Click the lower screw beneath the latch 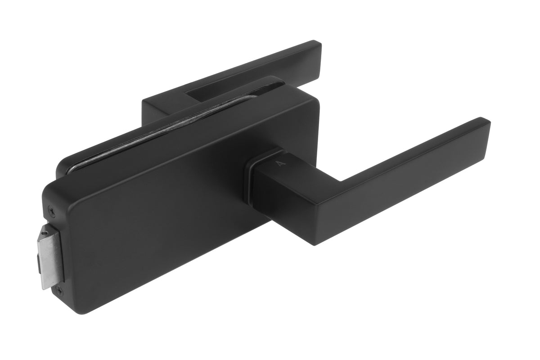tap(60, 292)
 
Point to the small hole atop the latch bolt tap(44, 233)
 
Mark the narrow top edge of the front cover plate tap(180, 137)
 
